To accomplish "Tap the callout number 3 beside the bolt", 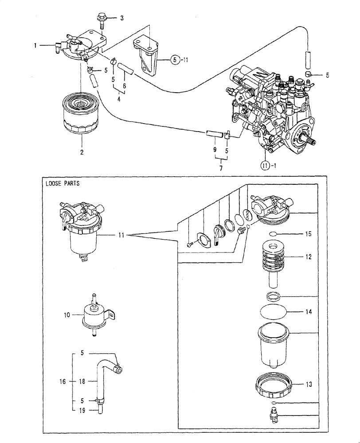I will coord(122,18).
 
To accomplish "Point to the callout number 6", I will coord(125,85).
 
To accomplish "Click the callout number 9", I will coord(215,150).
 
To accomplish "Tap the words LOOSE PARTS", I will coord(62,184).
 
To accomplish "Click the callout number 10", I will coord(67,315).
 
